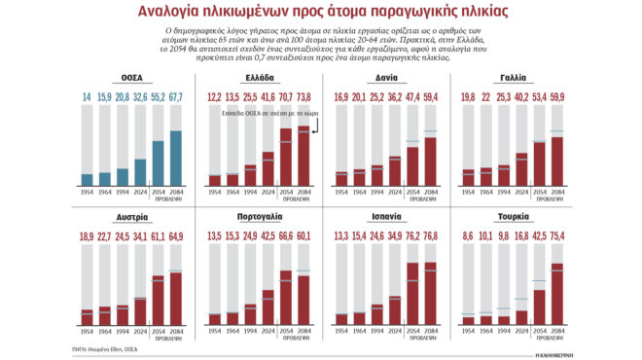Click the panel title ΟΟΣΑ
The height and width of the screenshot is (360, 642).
click(133, 77)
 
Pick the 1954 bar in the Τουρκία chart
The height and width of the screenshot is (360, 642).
click(466, 320)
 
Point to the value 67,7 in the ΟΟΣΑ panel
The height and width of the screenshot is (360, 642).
click(177, 97)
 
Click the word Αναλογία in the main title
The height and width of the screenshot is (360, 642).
click(159, 13)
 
